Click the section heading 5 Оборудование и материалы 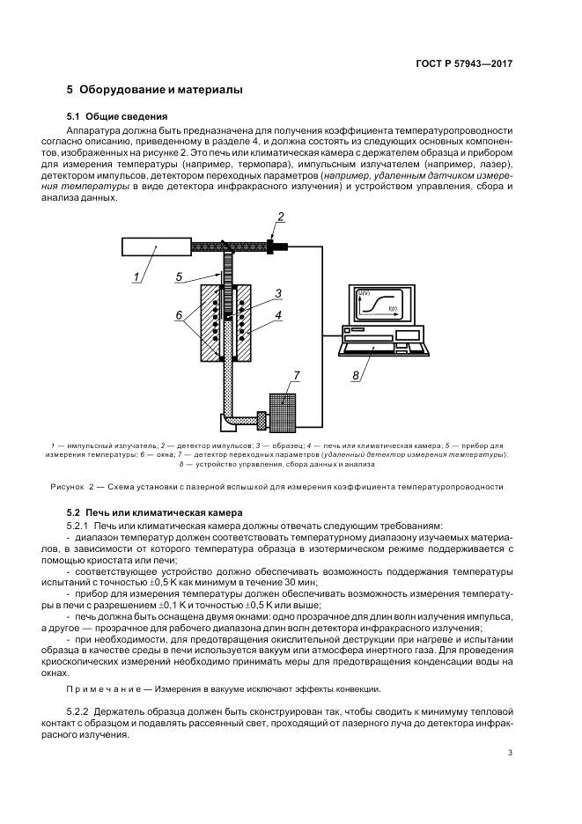(x=154, y=90)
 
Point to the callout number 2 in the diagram (x=281, y=217)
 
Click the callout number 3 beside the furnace (x=277, y=292)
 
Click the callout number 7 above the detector (x=297, y=376)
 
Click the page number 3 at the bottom (x=511, y=752)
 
